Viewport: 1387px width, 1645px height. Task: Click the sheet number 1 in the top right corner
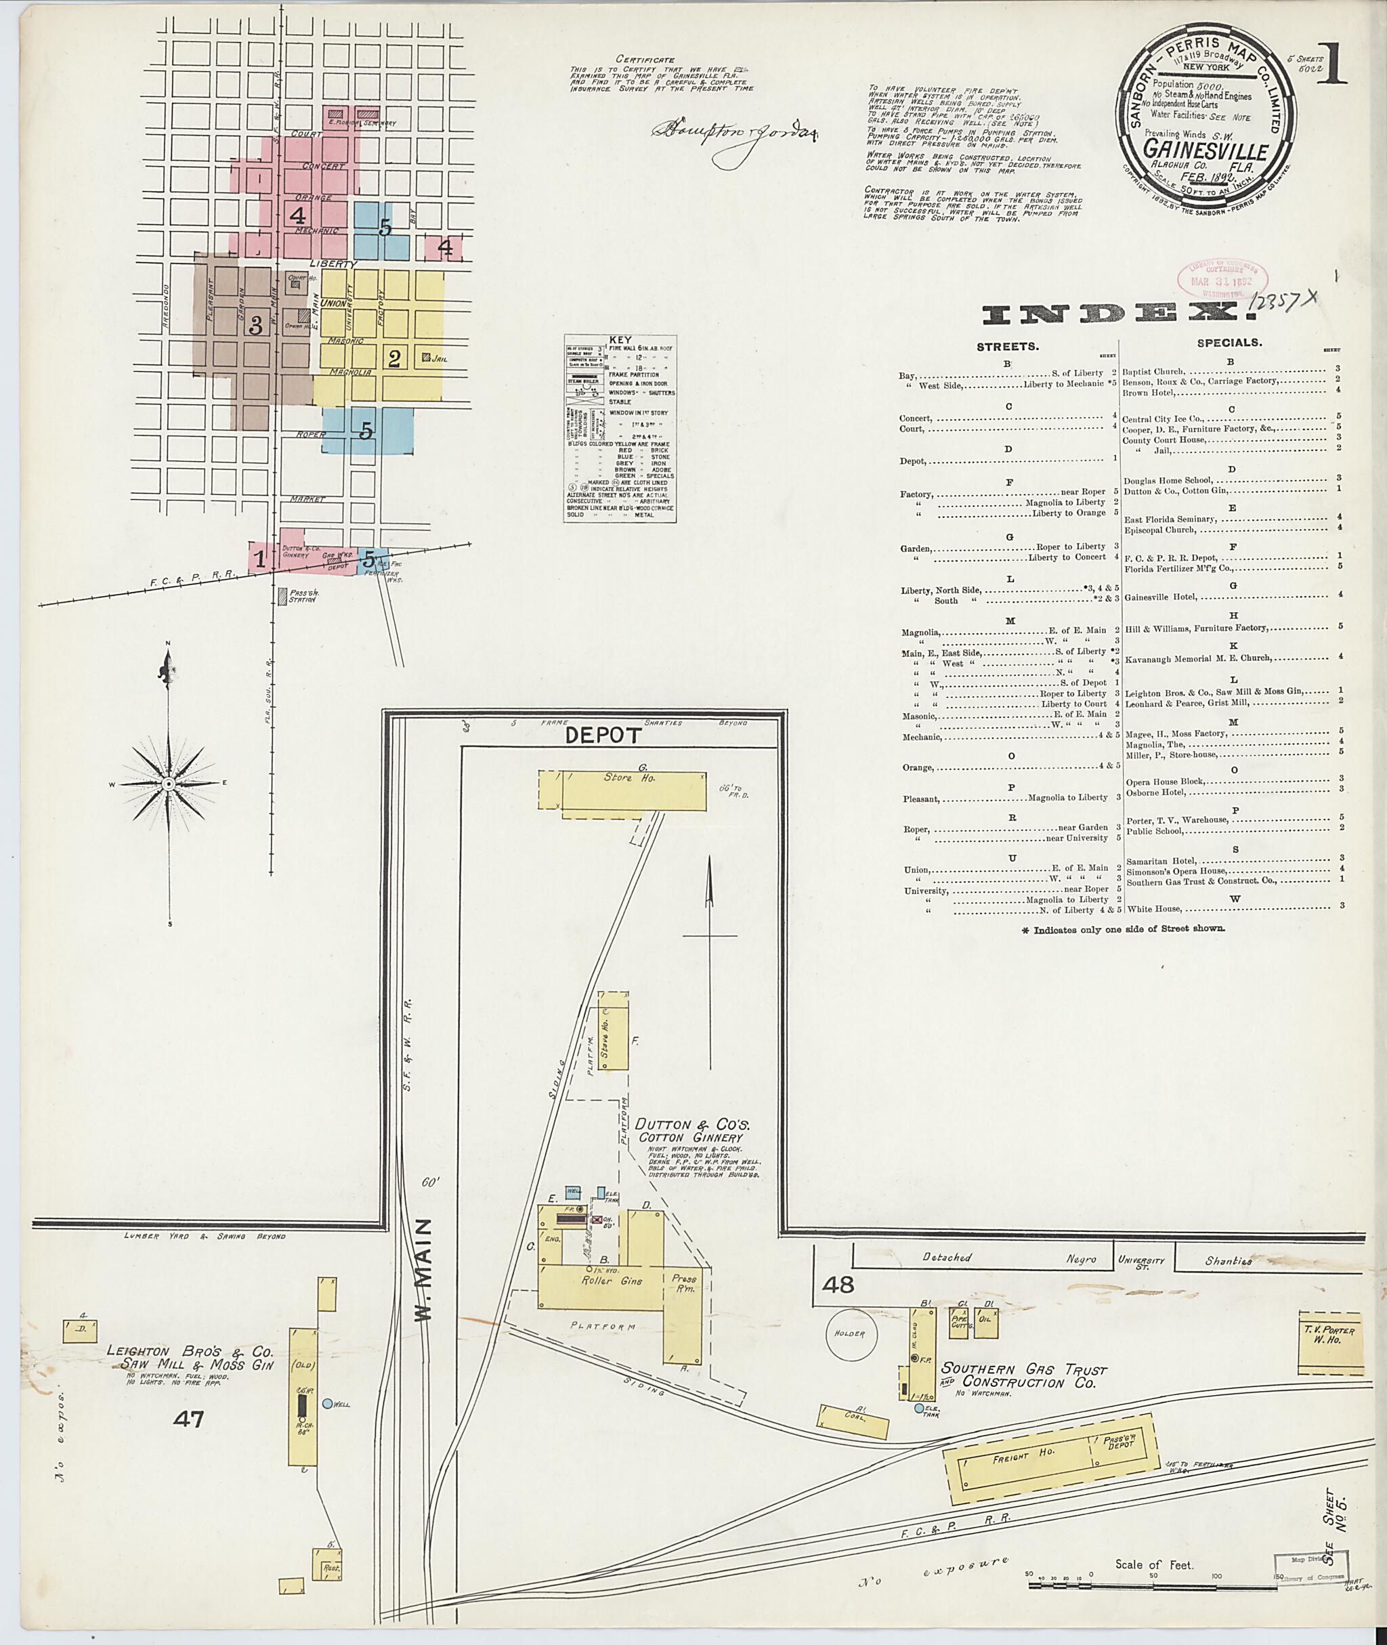click(1333, 65)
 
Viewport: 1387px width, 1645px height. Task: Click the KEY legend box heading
click(620, 341)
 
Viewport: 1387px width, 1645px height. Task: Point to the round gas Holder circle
click(850, 1333)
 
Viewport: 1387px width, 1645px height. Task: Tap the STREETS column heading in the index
click(1008, 346)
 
